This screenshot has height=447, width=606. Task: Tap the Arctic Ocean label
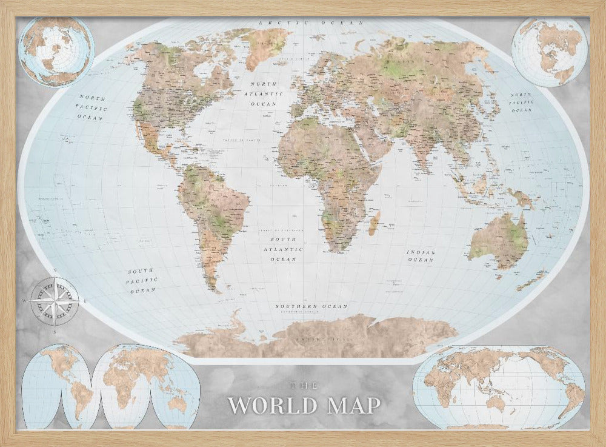[311, 23]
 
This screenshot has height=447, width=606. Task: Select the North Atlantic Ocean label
[264, 95]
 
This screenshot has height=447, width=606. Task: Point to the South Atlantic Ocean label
[284, 249]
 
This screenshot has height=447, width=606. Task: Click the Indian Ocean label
[420, 255]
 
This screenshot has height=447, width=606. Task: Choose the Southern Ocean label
[311, 307]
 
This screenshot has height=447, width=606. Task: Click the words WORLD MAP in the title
[304, 405]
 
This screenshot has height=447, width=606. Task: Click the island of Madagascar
[374, 223]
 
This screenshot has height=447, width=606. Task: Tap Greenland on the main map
[265, 45]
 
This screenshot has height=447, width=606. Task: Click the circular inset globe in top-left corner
[56, 51]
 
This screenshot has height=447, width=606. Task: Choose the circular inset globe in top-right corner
[550, 52]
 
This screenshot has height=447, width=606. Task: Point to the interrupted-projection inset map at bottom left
[110, 386]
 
